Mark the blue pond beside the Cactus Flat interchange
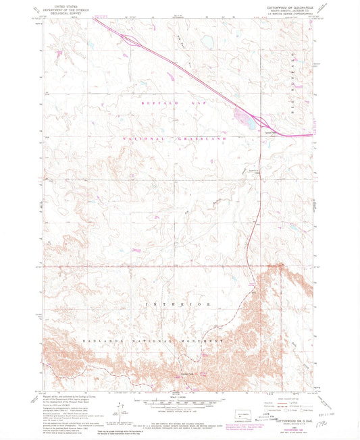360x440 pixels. click(244, 121)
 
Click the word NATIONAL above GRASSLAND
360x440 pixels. click(145, 138)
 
